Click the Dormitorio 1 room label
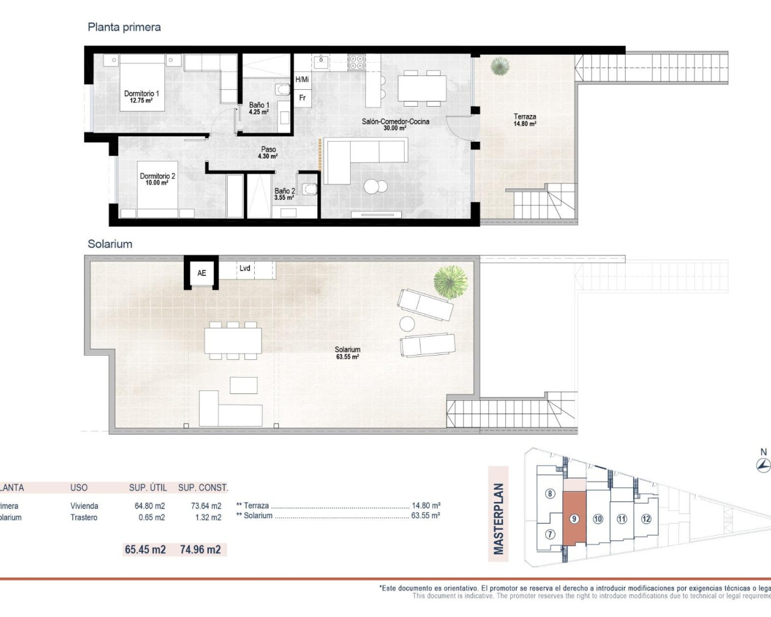[142, 96]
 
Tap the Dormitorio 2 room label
[157, 179]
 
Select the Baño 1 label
[259, 108]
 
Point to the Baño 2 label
[284, 193]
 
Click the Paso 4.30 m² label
[268, 152]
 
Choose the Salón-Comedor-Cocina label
[395, 124]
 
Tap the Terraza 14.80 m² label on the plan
[525, 120]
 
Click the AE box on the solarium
[202, 273]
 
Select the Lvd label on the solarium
[245, 268]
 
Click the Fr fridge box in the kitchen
[302, 98]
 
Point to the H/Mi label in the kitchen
[302, 80]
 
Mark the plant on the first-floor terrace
[500, 66]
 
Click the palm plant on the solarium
[450, 281]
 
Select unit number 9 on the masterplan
[574, 519]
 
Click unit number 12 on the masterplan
[646, 519]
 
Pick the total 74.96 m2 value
[200, 550]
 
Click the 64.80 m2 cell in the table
[149, 506]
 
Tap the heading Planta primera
[124, 27]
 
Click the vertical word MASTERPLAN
[498, 519]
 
